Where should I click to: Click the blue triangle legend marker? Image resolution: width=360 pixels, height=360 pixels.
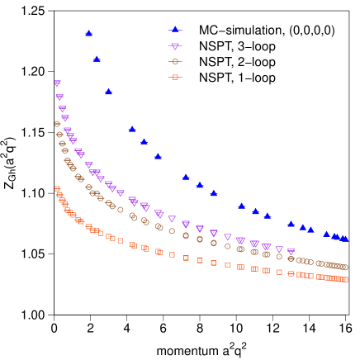pyautogui.click(x=175, y=30)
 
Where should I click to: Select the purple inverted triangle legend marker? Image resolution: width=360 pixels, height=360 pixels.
pyautogui.click(x=175, y=46)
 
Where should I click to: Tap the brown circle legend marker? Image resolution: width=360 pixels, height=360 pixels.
pyautogui.click(x=175, y=61)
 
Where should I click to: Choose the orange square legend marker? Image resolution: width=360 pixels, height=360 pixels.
pyautogui.click(x=175, y=77)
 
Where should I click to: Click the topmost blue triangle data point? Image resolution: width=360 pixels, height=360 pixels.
pyautogui.click(x=89, y=33)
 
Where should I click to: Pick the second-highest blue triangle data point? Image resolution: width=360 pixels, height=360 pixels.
pyautogui.click(x=97, y=59)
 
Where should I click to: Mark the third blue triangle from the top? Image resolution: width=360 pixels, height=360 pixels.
pyautogui.click(x=108, y=92)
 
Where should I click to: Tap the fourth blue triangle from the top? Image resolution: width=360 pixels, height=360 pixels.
pyautogui.click(x=132, y=129)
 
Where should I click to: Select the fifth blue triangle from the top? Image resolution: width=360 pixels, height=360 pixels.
pyautogui.click(x=144, y=141)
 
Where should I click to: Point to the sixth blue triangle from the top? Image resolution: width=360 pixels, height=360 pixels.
pyautogui.click(x=158, y=156)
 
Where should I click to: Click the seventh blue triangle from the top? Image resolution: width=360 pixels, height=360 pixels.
pyautogui.click(x=186, y=177)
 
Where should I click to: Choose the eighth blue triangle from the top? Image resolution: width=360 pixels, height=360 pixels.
pyautogui.click(x=200, y=185)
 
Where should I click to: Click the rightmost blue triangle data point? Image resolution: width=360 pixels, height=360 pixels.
pyautogui.click(x=344, y=239)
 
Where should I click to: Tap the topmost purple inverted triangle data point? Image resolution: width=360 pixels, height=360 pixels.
pyautogui.click(x=58, y=83)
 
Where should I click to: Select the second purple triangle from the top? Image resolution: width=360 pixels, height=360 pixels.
pyautogui.click(x=59, y=97)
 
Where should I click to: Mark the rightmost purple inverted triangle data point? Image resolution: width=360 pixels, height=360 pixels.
pyautogui.click(x=291, y=252)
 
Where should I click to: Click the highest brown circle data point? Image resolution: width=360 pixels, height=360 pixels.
pyautogui.click(x=57, y=124)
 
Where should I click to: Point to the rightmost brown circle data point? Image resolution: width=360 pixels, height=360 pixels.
pyautogui.click(x=344, y=267)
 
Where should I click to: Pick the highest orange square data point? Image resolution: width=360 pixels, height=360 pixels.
pyautogui.click(x=57, y=189)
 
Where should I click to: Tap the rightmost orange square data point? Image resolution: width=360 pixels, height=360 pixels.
pyautogui.click(x=344, y=279)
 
